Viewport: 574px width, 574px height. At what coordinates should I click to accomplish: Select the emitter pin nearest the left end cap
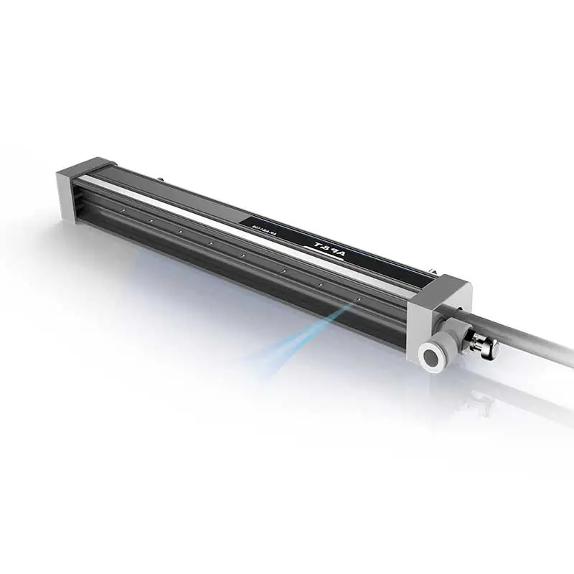tap(123, 210)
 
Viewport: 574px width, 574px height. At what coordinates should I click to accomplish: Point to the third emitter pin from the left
tap(180, 232)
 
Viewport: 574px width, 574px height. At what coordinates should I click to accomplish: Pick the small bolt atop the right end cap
tap(433, 271)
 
